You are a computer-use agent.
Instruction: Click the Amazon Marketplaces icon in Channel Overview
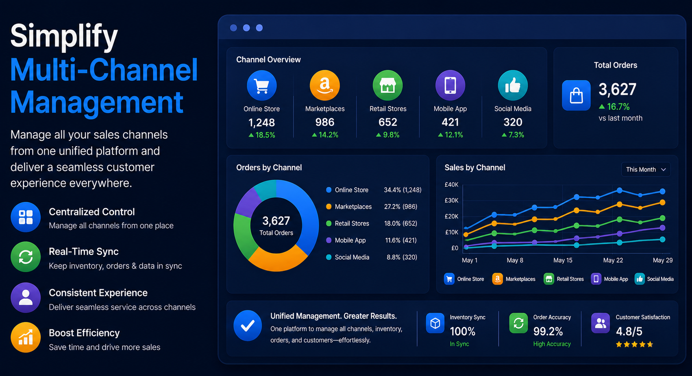(x=325, y=85)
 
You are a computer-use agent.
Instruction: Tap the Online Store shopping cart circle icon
(x=262, y=85)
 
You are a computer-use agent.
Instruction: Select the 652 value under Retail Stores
(x=388, y=122)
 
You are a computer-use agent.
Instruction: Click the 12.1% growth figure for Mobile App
(x=450, y=135)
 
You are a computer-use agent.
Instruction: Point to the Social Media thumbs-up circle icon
(x=513, y=85)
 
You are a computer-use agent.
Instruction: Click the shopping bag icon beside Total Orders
(x=576, y=95)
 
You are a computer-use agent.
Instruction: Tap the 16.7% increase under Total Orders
(x=614, y=107)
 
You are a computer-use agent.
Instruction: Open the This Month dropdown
(x=646, y=169)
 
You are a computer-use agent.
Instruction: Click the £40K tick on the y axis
(x=451, y=185)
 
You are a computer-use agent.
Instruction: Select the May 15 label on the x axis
(x=563, y=260)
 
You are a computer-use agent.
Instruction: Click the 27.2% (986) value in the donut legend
(x=400, y=207)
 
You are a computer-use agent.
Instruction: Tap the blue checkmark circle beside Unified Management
(x=248, y=326)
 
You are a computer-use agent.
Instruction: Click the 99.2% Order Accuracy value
(x=548, y=332)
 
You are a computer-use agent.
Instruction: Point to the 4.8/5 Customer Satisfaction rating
(x=629, y=332)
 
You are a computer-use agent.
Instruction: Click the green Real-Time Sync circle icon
(x=26, y=257)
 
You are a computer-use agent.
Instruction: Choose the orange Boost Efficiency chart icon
(x=26, y=337)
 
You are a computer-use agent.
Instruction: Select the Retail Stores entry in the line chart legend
(x=564, y=279)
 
